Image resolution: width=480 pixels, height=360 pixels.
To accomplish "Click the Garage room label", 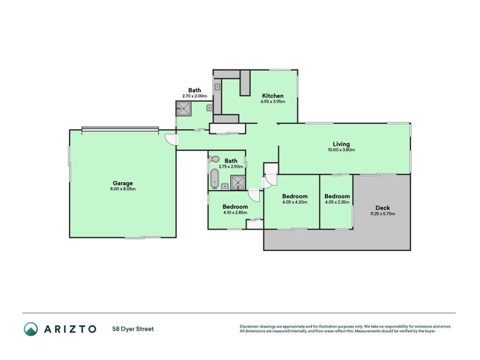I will (122, 183).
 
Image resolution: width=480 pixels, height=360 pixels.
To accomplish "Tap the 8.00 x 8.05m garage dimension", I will (122, 189).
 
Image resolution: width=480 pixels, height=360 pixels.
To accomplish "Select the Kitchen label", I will (272, 96).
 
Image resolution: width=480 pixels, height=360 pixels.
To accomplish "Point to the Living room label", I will (341, 144).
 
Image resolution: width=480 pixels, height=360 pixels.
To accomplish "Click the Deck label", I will (382, 208).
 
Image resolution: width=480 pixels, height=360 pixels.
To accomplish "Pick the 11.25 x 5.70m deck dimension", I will (382, 214).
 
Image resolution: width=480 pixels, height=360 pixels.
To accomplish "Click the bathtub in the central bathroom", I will (214, 178).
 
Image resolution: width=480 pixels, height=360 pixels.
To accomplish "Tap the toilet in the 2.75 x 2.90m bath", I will (215, 160).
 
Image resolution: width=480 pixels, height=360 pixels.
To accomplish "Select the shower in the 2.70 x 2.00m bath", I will (184, 109).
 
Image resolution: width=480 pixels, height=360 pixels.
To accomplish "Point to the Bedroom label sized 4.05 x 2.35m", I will (337, 196).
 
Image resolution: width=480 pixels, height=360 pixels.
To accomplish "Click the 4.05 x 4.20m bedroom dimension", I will (295, 202).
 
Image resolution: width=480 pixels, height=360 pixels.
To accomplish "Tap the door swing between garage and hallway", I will (172, 139).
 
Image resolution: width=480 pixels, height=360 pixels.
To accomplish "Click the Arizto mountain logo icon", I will (31, 328).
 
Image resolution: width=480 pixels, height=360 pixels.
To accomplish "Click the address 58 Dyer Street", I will (132, 328).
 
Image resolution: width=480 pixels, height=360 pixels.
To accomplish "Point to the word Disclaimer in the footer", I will (251, 326).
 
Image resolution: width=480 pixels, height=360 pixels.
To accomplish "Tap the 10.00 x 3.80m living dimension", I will (341, 150).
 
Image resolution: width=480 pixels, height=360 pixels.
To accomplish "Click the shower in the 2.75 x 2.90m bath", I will (238, 182).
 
